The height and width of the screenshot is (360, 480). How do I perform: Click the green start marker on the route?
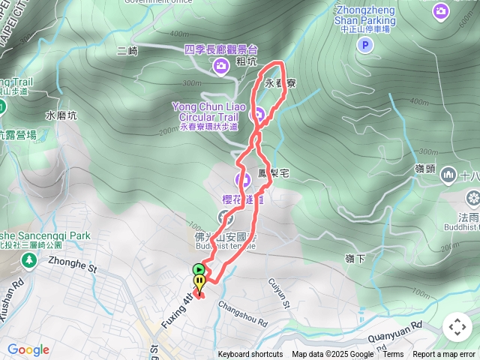tap(199, 269)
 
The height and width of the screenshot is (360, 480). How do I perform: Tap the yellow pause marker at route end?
tap(199, 283)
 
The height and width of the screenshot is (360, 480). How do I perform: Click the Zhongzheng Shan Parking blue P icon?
tap(364, 46)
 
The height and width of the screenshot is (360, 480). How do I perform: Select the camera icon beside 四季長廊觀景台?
tap(220, 67)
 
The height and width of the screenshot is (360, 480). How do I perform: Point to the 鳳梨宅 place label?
tap(274, 172)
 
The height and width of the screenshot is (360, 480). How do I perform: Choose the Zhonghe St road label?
tap(73, 265)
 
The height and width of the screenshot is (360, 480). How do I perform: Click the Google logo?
tap(28, 349)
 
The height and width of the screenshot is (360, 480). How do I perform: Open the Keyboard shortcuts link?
tap(250, 355)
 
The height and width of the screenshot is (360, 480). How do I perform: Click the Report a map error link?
tap(444, 355)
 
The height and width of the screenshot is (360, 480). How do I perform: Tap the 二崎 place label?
tap(128, 51)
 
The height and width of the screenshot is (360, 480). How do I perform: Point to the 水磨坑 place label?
tap(61, 116)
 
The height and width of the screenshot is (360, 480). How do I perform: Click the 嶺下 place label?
tap(355, 259)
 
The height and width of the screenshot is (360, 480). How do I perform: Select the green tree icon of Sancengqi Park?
tap(28, 259)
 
